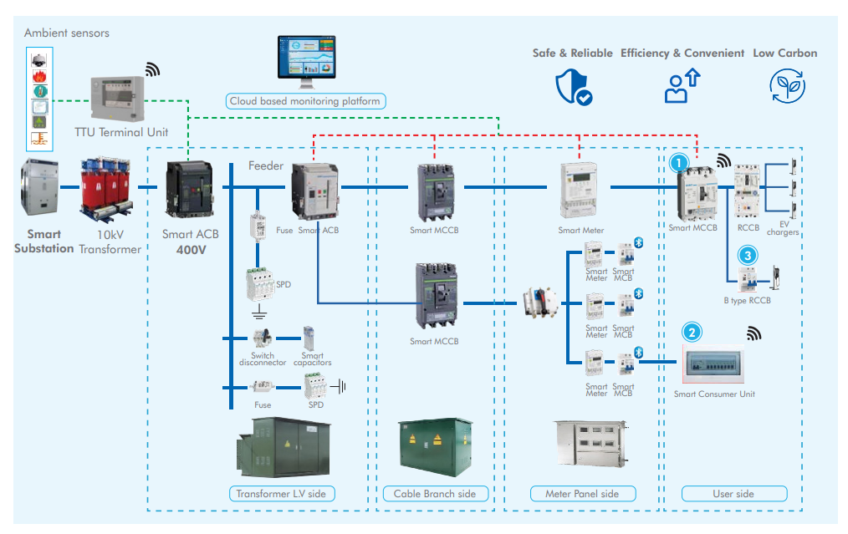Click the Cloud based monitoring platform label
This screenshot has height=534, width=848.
coord(305,101)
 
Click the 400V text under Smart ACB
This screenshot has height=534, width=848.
coord(192,249)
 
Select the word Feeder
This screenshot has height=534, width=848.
coord(266,166)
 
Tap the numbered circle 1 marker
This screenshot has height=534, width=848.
coord(681,162)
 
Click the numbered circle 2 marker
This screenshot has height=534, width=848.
coord(692,332)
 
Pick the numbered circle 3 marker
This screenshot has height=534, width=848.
coord(748,255)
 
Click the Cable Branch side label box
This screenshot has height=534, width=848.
coord(434,493)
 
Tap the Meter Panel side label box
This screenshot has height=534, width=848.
coord(582,493)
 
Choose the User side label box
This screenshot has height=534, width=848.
coord(733,493)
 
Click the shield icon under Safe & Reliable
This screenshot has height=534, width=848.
coord(573,86)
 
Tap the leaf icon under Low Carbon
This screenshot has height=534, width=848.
coord(786,85)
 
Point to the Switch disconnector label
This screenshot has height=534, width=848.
coord(263,359)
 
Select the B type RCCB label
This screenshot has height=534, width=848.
coord(747,300)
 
